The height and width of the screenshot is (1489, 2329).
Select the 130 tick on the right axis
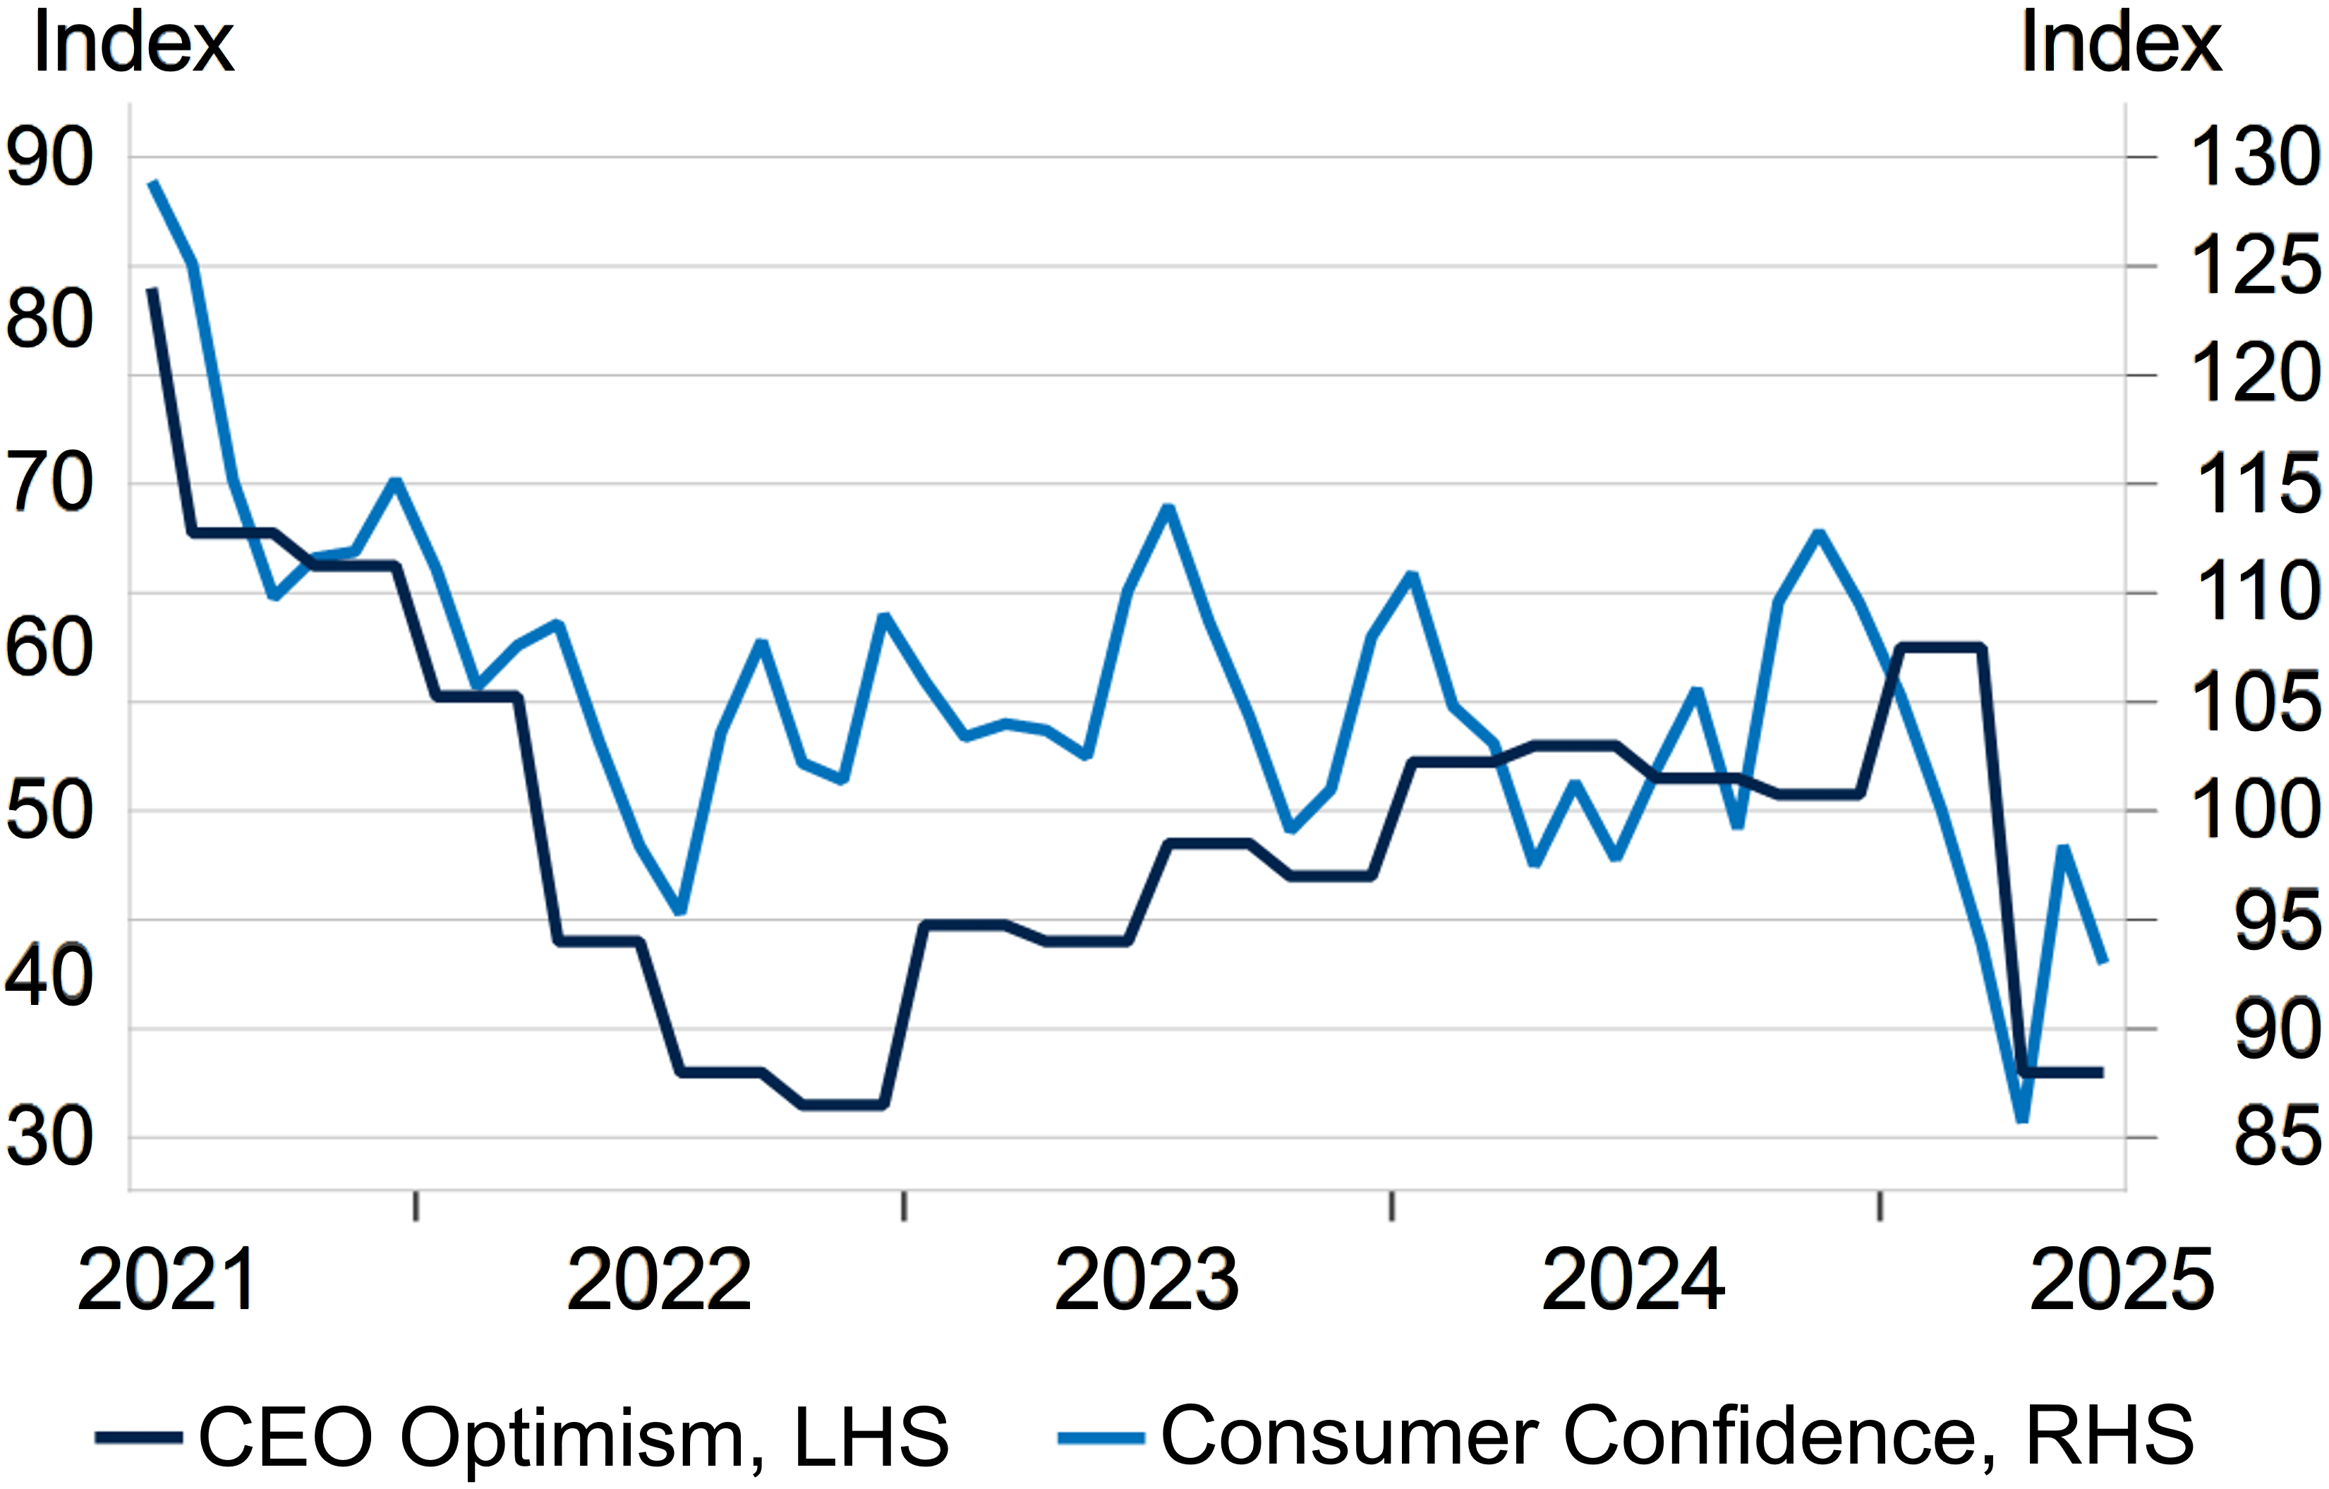[x=2254, y=157]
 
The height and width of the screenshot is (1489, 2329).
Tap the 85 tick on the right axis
[x=2275, y=1138]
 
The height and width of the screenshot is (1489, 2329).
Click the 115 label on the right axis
[x=2258, y=484]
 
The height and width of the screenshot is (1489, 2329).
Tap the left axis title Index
[x=133, y=44]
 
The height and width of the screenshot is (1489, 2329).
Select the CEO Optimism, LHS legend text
[x=574, y=1437]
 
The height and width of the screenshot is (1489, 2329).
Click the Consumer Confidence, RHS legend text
[x=1677, y=1437]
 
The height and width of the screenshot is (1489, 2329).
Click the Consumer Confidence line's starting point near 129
[x=153, y=182]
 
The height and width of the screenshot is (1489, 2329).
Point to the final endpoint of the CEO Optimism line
[x=2100, y=1072]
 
